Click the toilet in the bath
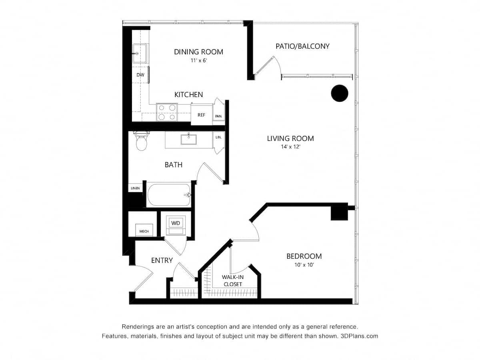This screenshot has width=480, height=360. (x=142, y=142)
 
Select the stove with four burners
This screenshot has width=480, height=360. (x=167, y=112)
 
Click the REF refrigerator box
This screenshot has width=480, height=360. (x=201, y=115)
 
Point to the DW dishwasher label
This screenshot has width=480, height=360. (x=140, y=75)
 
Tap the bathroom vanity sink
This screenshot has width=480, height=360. (x=188, y=139)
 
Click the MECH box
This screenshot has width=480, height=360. (x=144, y=231)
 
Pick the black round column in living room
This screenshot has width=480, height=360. (x=340, y=93)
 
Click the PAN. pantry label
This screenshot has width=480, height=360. (x=218, y=116)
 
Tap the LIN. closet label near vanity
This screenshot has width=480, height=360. (x=218, y=137)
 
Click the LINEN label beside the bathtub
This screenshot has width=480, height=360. (x=135, y=188)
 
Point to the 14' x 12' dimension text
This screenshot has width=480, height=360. (x=290, y=147)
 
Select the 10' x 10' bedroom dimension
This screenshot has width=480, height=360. (x=304, y=265)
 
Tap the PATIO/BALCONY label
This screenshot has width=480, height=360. (x=302, y=46)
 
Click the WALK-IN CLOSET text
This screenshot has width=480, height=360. (x=232, y=280)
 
